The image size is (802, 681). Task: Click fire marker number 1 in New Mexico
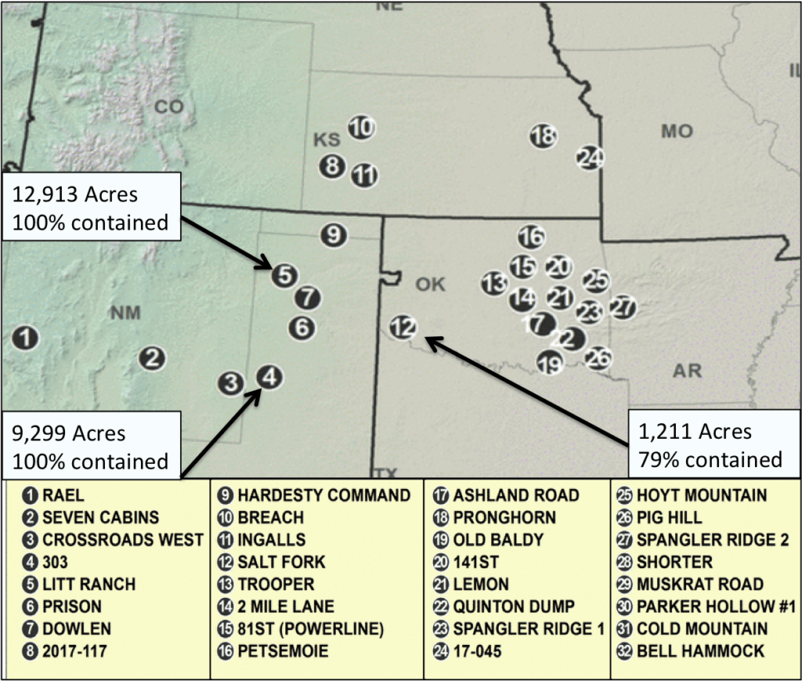[27, 339]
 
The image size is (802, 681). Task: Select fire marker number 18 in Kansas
[543, 136]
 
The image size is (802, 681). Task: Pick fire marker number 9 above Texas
[334, 234]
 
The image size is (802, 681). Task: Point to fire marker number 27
[623, 306]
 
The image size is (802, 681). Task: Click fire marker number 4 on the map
[269, 377]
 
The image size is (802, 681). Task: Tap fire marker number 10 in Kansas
[360, 127]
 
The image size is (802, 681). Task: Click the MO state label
[677, 131]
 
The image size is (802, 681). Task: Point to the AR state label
[687, 371]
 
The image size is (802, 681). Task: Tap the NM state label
[125, 313]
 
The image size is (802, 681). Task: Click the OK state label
[430, 284]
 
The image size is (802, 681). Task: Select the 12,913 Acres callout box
[90, 207]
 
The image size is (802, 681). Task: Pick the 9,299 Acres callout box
[90, 447]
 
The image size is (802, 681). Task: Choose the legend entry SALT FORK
[280, 562]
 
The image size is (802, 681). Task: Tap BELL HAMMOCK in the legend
[700, 650]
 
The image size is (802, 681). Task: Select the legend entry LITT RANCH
[88, 584]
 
